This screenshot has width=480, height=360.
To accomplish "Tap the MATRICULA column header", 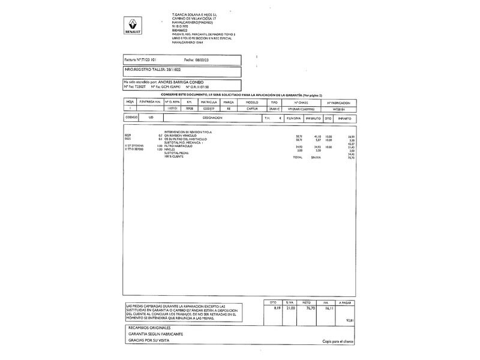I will click(x=209, y=102).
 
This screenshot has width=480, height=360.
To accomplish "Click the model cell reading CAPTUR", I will click(x=252, y=109).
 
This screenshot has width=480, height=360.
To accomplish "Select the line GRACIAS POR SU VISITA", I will click(x=149, y=340).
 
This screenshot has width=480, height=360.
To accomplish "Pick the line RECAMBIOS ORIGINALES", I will click(x=150, y=328).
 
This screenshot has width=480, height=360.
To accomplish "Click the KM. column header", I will click(x=189, y=102).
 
